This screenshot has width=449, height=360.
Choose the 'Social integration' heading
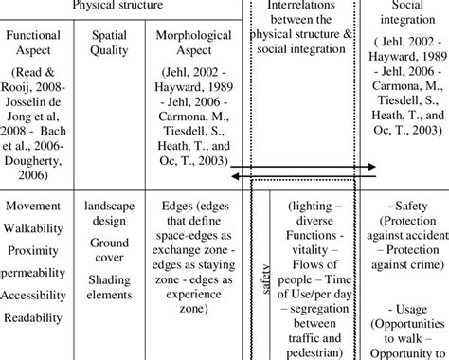(406, 14)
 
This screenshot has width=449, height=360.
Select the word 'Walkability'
(37, 228)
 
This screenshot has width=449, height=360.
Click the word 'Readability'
(37, 317)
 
